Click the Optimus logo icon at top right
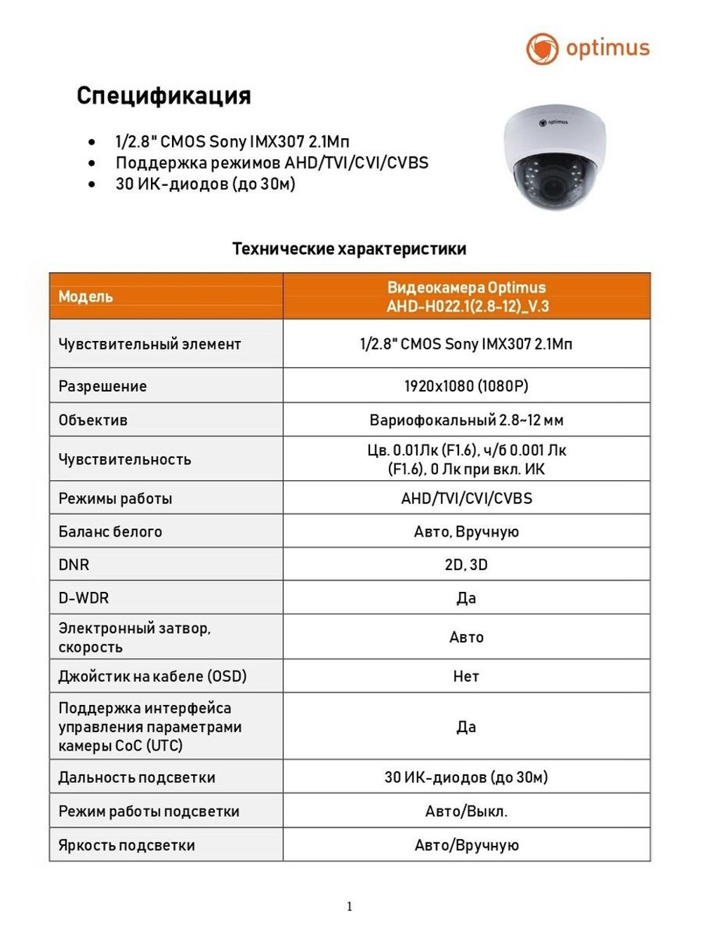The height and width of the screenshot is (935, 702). click(542, 48)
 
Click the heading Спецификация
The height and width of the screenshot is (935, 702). click(164, 95)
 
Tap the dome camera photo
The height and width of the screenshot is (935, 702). click(554, 157)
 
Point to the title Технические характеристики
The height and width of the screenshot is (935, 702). click(349, 249)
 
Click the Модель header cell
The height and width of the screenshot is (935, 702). click(86, 297)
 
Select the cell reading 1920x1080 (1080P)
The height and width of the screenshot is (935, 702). click(466, 386)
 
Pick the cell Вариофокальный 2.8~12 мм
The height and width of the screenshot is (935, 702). click(466, 420)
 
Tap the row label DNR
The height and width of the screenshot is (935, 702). click(74, 565)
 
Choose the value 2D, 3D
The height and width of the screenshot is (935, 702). click(466, 565)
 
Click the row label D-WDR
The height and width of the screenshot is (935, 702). click(84, 598)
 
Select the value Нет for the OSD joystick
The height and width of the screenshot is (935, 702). click(466, 677)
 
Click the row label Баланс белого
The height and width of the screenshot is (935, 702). click(110, 532)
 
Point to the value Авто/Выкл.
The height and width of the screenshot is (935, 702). click(466, 812)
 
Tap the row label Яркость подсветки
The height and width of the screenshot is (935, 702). click(126, 845)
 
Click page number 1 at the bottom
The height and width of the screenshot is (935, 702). click(350, 906)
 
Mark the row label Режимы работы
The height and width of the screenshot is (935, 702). click(115, 499)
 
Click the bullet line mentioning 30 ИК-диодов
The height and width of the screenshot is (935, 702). click(205, 184)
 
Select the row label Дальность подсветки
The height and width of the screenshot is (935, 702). click(137, 777)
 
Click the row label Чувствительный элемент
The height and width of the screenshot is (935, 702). click(150, 344)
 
